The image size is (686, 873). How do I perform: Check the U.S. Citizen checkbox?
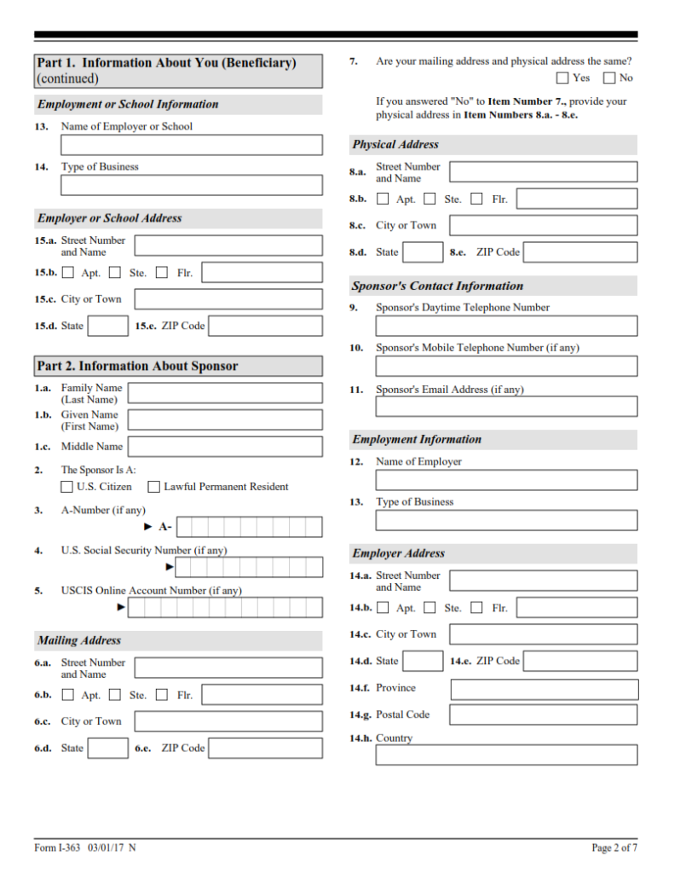click(x=66, y=487)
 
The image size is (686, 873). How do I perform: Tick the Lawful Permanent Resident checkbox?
click(x=154, y=487)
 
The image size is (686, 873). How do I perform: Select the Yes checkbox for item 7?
click(x=562, y=78)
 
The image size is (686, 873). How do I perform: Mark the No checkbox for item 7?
click(x=609, y=78)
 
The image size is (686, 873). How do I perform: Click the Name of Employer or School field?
click(x=192, y=145)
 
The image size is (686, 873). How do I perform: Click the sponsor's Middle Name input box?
click(x=225, y=447)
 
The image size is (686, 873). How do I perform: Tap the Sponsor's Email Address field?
click(x=506, y=407)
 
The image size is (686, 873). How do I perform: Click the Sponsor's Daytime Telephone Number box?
click(x=506, y=326)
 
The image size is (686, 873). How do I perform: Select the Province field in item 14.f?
click(x=544, y=689)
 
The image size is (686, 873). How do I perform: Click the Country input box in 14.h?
click(x=506, y=755)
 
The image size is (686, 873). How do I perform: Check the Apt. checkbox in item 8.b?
click(x=383, y=199)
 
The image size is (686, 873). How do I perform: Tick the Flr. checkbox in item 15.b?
click(x=162, y=273)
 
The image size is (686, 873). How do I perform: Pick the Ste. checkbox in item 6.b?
click(x=115, y=695)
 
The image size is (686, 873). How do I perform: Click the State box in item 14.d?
click(x=423, y=661)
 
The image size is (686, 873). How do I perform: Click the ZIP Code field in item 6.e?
click(x=265, y=749)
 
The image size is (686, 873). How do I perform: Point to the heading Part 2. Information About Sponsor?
click(x=137, y=367)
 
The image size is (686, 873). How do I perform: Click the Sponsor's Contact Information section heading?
click(x=437, y=286)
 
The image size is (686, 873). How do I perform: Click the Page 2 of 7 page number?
click(x=614, y=847)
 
